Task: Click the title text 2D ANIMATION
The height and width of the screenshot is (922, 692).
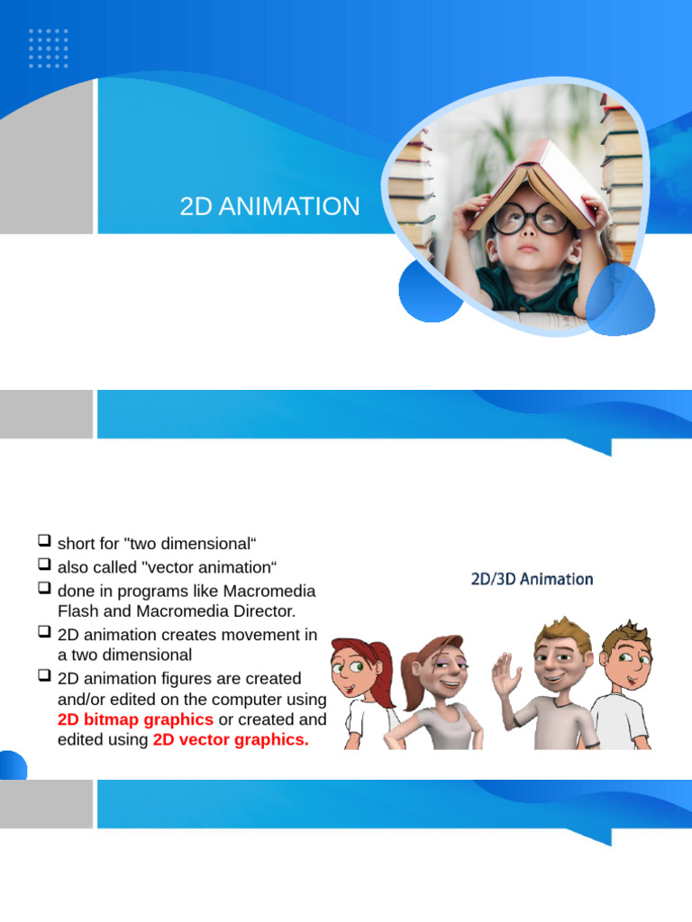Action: tap(269, 207)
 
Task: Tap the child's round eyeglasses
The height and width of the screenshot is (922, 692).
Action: tap(532, 219)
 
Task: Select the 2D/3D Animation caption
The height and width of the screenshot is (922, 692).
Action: tap(532, 579)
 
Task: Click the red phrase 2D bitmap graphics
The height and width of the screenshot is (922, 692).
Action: tap(135, 719)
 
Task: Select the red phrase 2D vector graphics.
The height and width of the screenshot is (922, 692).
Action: tap(231, 740)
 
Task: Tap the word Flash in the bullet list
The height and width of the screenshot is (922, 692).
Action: tap(77, 611)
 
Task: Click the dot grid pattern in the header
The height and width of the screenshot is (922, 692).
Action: tap(49, 48)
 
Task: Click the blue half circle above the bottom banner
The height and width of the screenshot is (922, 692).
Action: tap(13, 766)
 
